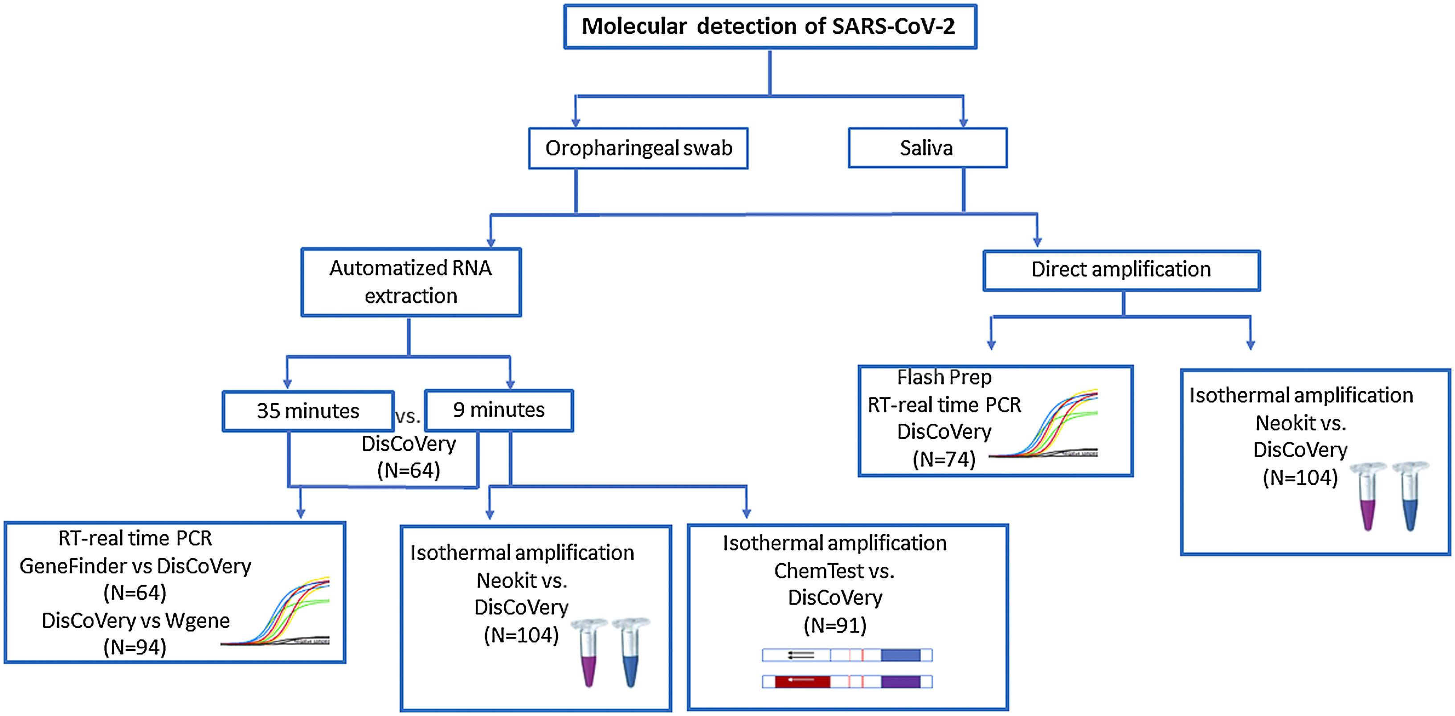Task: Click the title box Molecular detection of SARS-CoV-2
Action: (x=770, y=27)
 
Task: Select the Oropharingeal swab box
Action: (x=638, y=148)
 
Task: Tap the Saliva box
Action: (x=927, y=148)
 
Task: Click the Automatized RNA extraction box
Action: (x=411, y=282)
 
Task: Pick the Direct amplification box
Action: (x=1121, y=270)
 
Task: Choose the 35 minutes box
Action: (x=308, y=411)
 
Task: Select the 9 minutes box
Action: (x=499, y=410)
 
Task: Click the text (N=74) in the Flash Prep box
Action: (x=944, y=459)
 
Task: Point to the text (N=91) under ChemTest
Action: (x=835, y=625)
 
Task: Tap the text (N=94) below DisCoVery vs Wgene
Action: (x=135, y=647)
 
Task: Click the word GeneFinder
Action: (x=73, y=566)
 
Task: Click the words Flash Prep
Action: (x=944, y=377)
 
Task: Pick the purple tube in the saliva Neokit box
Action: (x=1367, y=497)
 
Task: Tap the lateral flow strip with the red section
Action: (x=847, y=682)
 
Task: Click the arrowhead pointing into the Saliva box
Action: (x=964, y=122)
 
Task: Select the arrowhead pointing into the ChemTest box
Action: (x=746, y=513)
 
